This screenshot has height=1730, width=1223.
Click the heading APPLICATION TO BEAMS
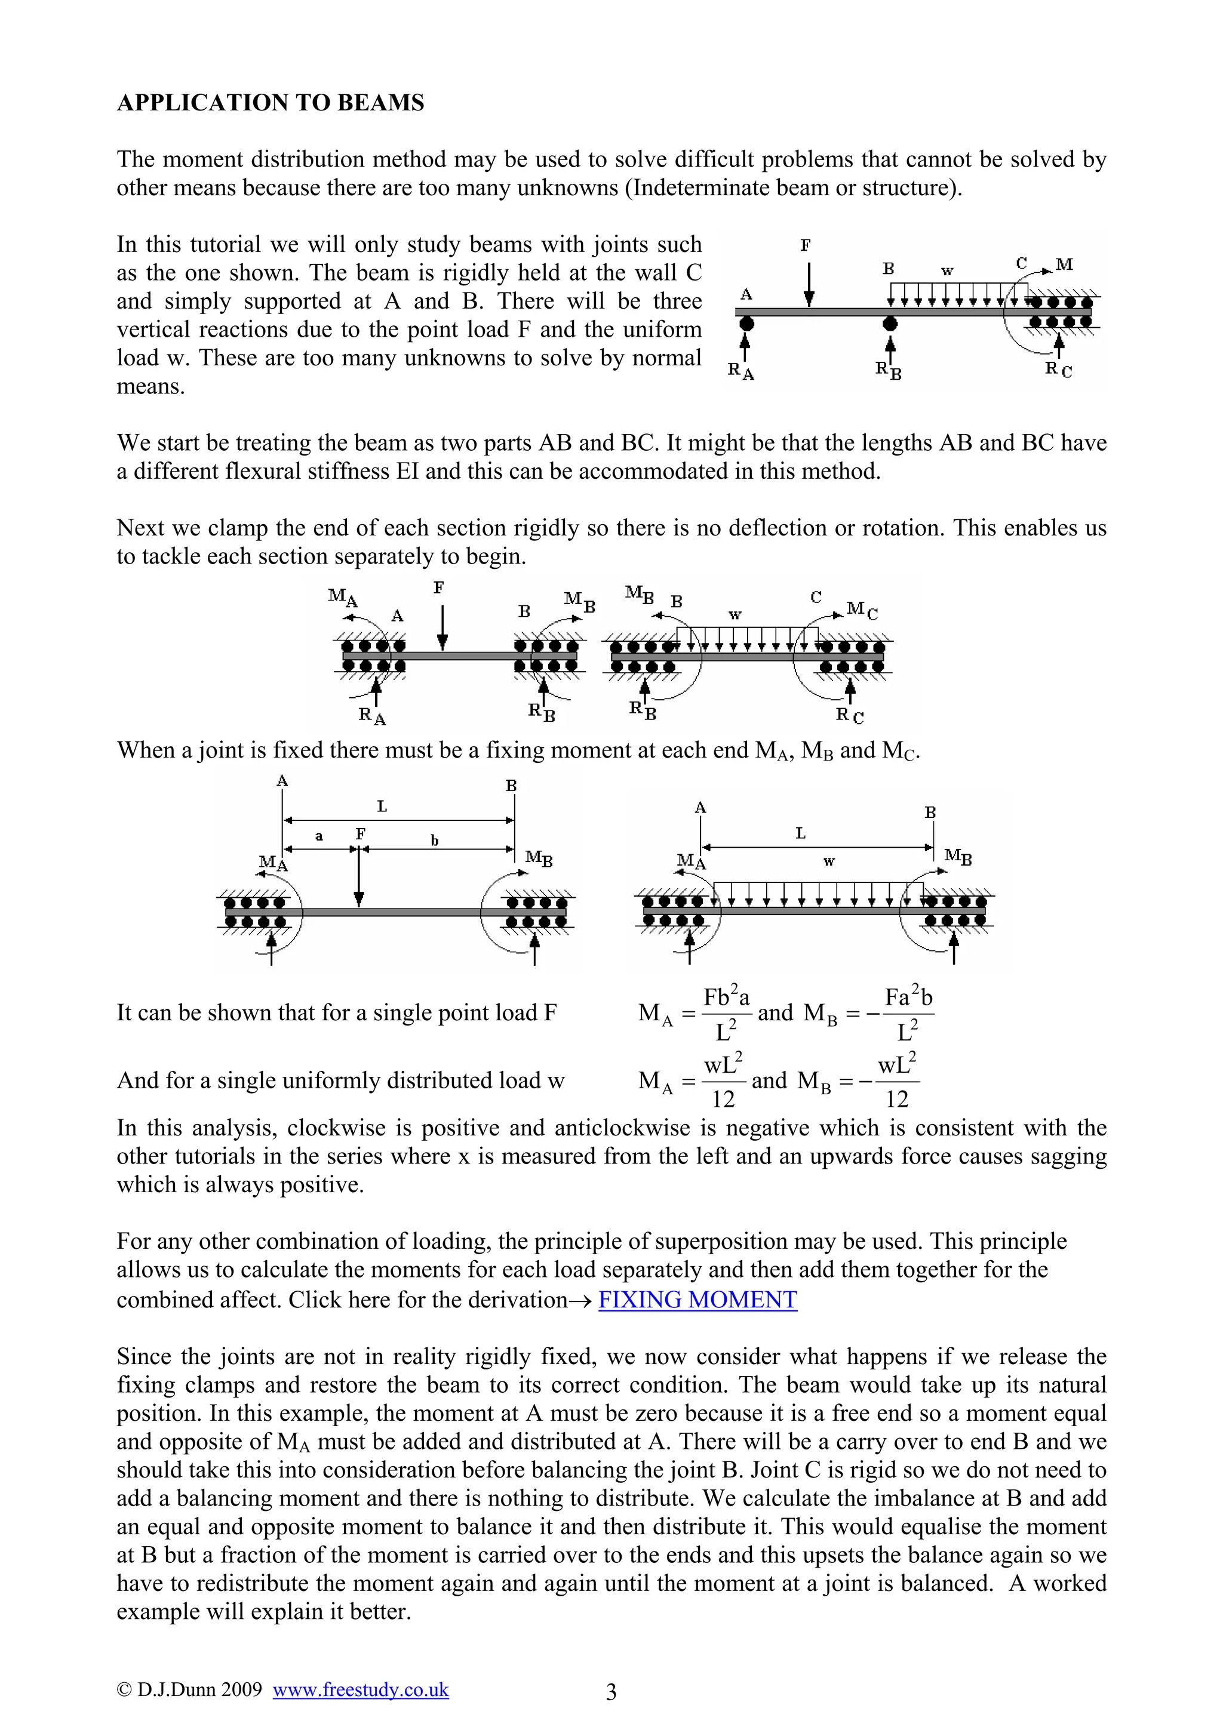270,103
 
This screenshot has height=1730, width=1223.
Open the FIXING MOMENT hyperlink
697,1299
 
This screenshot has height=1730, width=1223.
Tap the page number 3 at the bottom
611,1692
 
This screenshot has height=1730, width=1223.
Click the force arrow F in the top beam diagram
809,285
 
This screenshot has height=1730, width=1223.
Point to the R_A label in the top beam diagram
740,371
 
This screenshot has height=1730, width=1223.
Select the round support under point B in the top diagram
890,324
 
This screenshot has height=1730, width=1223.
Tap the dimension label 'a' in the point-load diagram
319,836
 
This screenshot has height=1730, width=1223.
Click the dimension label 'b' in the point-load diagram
434,840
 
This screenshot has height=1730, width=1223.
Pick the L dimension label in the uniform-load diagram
800,833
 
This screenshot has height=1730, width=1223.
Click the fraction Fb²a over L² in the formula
726,1012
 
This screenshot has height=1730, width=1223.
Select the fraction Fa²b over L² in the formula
907,1012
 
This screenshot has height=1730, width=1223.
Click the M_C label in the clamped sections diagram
861,609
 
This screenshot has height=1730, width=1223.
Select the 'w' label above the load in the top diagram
947,270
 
